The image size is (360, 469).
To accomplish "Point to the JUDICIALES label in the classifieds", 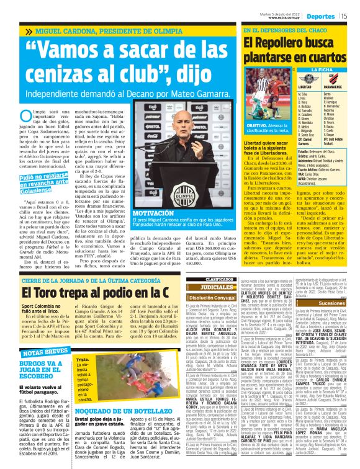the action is (x=201, y=287).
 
